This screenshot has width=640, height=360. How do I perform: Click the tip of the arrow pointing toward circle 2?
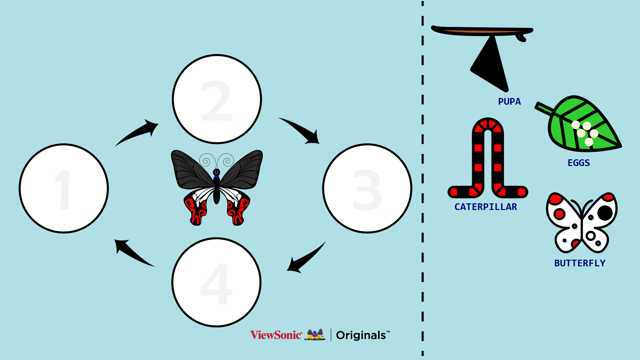(158, 124)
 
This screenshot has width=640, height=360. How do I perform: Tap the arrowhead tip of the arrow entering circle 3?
(319, 144)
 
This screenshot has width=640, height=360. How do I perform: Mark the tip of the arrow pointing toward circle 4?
(287, 270)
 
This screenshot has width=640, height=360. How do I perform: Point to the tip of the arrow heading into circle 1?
(115, 240)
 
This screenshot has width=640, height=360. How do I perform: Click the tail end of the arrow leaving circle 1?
(115, 146)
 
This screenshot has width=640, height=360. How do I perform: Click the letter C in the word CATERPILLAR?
(457, 207)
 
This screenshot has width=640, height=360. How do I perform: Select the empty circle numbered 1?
(64, 188)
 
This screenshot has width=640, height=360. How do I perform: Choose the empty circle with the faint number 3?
(367, 188)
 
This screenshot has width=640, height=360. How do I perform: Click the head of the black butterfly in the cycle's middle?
(216, 172)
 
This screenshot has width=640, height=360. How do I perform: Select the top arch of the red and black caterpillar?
(488, 125)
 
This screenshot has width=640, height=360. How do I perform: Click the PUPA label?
(509, 102)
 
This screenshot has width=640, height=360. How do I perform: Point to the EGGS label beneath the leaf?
(579, 163)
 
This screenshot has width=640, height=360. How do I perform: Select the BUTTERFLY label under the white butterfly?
(580, 263)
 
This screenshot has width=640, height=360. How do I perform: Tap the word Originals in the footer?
(361, 335)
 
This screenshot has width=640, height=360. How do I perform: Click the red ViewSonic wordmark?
(276, 335)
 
